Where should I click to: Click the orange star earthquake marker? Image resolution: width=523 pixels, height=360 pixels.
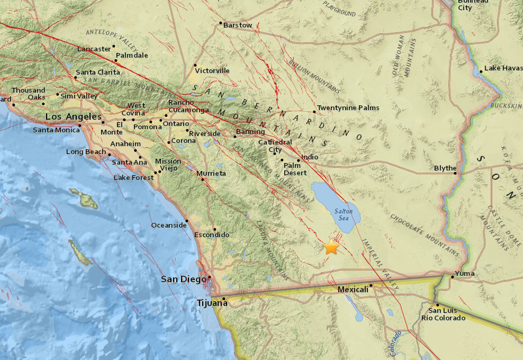coord(331,247)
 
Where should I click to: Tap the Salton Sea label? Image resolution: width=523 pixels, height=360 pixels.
coord(343,214)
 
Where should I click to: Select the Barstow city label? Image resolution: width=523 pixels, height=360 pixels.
coord(238,25)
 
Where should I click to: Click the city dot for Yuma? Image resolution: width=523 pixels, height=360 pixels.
coord(453,276)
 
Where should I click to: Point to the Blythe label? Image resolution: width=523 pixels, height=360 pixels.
coord(445,168)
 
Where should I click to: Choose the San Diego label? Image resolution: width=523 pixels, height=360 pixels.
coord(183,279)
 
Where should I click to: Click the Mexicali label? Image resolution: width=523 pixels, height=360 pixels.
coord(353,290)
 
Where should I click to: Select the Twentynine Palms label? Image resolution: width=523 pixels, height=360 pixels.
coord(348,108)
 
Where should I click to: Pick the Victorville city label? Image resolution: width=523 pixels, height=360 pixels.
coord(212,70)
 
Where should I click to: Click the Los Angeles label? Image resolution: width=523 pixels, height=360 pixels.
coord(73,116)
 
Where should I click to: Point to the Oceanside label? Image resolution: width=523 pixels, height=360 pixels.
coord(168,225)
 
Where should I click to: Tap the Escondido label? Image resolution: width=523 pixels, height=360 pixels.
coord(212,235)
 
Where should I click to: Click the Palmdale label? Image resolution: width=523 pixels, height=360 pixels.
coord(132,55)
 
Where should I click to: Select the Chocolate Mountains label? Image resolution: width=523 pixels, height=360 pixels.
coord(425,233)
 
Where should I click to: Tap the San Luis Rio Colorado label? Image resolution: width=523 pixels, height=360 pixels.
coord(443,314)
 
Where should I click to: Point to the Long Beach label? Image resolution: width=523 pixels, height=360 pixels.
coord(86,152)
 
